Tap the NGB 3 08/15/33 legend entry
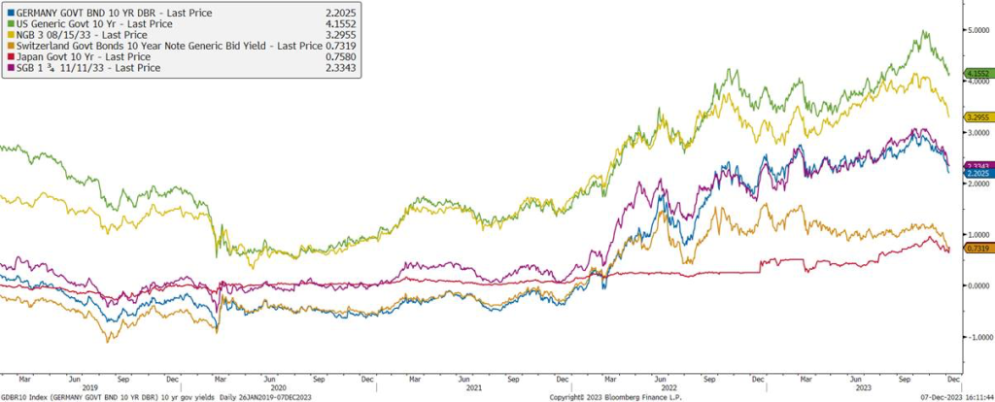[x=79, y=37]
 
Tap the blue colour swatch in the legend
[x=10, y=13]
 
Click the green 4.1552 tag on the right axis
[x=977, y=74]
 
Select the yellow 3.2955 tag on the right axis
[x=977, y=117]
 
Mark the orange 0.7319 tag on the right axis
[x=977, y=249]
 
